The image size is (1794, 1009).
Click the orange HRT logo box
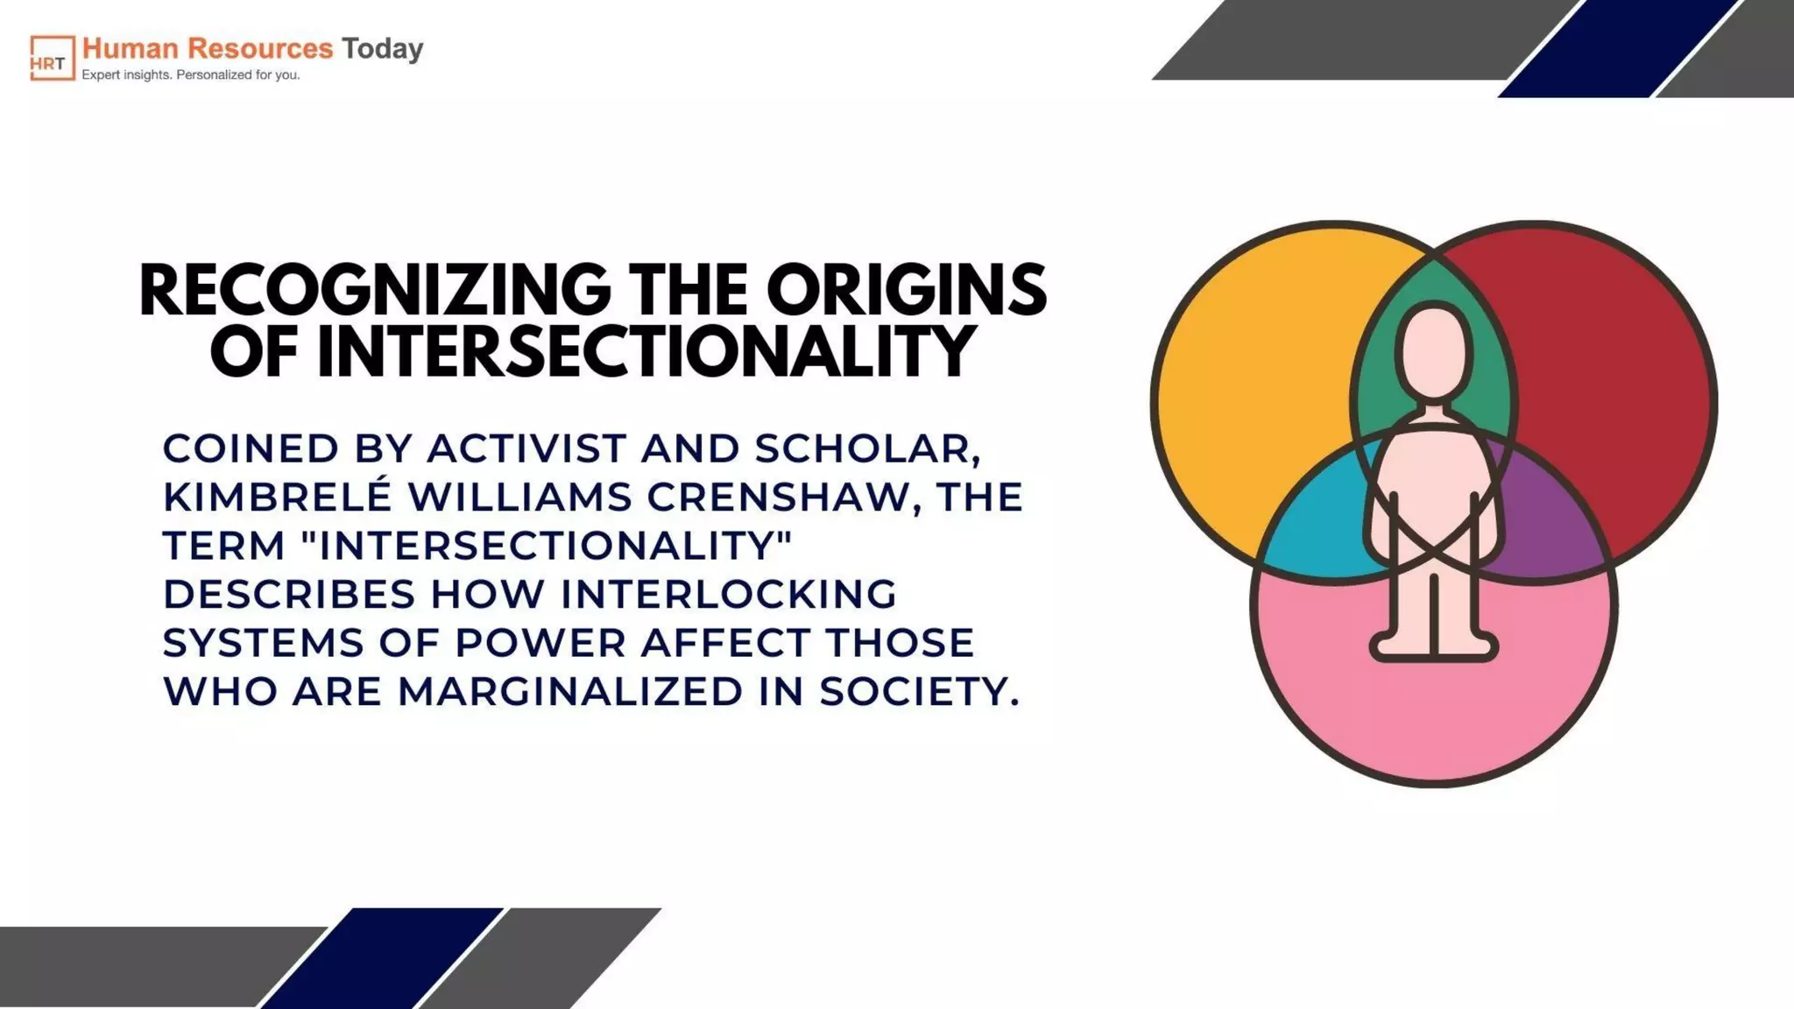[53, 58]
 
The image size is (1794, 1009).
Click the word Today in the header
[382, 48]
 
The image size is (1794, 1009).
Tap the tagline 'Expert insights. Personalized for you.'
[191, 75]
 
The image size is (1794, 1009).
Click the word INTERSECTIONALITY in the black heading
[646, 351]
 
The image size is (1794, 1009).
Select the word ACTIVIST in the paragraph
[526, 448]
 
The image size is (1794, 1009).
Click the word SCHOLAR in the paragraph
[867, 448]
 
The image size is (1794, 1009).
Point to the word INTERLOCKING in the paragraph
[729, 594]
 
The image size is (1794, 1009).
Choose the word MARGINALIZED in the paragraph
[570, 691]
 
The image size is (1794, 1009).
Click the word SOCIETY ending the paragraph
[919, 691]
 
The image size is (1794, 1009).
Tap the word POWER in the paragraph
[540, 642]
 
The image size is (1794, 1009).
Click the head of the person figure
[1434, 351]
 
